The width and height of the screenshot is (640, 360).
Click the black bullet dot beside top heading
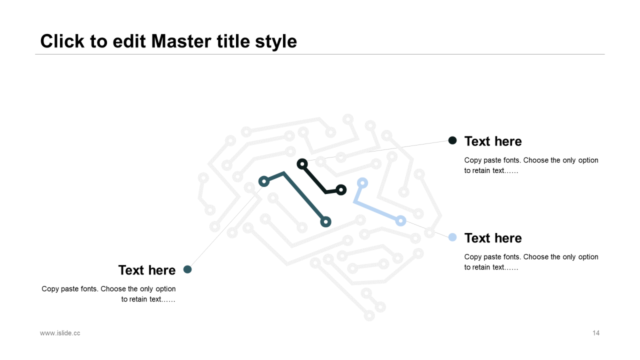452,140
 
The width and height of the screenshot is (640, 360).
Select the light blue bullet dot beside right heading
452,237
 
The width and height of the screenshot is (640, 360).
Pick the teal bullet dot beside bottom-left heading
187,269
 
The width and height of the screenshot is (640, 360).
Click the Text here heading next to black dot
493,141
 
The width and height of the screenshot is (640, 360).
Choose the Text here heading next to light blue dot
493,238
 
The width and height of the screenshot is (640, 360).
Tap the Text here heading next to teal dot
147,270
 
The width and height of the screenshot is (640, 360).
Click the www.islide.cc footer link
60,333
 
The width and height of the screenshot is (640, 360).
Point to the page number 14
596,333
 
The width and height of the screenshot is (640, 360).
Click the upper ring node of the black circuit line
302,164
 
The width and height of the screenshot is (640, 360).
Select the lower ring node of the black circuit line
341,190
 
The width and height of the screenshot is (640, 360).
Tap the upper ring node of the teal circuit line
264,181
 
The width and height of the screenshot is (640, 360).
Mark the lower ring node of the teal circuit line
325,221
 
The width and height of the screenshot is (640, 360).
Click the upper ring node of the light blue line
362,183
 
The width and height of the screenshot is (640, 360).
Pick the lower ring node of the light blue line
400,220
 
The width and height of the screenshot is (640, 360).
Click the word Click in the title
62,41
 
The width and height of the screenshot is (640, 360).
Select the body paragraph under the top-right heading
531,165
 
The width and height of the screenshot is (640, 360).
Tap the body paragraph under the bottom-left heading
109,294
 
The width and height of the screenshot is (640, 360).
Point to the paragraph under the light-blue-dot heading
531,262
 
